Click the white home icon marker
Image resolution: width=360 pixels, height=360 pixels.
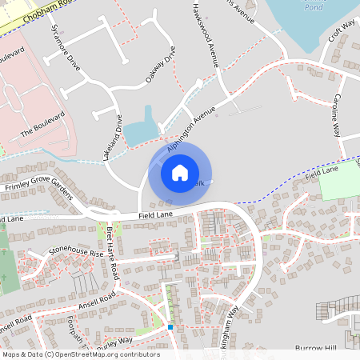tap(180, 172)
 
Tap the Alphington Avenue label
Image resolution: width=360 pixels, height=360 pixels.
tap(192, 128)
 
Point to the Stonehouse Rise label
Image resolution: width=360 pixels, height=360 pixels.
tap(75, 254)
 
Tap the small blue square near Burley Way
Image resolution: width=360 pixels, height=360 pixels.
tap(170, 326)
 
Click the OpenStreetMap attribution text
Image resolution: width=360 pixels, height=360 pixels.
tap(80, 354)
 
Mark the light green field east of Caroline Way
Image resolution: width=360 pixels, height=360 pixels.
tap(338, 186)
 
